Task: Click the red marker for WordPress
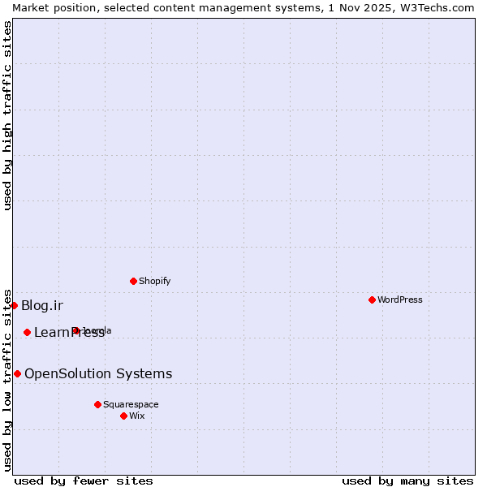372,300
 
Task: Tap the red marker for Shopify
133,281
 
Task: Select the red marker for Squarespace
97,404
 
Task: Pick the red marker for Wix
123,416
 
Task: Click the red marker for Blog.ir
14,305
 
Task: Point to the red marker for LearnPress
27,332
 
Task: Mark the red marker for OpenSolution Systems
17,373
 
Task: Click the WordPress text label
400,300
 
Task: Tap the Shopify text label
154,281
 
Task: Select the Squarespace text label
131,404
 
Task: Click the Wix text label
137,416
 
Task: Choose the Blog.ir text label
42,305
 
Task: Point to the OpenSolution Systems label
98,373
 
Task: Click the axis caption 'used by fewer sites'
84,481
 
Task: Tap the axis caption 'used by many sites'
407,481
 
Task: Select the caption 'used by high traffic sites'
8,115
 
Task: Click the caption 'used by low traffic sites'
8,380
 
